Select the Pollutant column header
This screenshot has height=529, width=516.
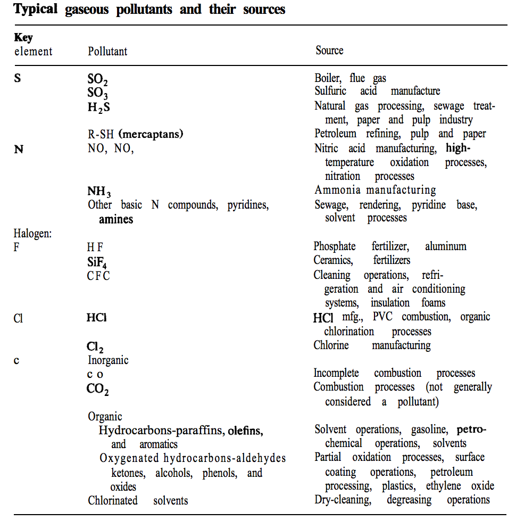pyautogui.click(x=107, y=52)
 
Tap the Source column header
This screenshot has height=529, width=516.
pyautogui.click(x=329, y=51)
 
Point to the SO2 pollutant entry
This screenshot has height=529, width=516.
pyautogui.click(x=98, y=79)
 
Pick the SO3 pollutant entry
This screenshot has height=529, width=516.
pyautogui.click(x=98, y=93)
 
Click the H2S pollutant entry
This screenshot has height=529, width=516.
pyautogui.click(x=98, y=106)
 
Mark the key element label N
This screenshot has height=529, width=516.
pyautogui.click(x=19, y=149)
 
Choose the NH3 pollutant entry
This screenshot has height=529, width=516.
pyautogui.click(x=99, y=191)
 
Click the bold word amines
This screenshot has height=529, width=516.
pyautogui.click(x=116, y=219)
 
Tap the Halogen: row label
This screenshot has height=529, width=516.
pyautogui.click(x=32, y=233)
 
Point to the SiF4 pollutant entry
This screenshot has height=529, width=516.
pyautogui.click(x=98, y=261)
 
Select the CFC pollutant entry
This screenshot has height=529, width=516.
pyautogui.click(x=98, y=276)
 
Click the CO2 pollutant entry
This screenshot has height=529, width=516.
pyautogui.click(x=97, y=389)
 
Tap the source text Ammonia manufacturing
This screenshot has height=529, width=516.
pyautogui.click(x=375, y=190)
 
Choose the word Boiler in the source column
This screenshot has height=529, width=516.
pyautogui.click(x=327, y=78)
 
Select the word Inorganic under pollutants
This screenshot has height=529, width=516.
pyautogui.click(x=108, y=360)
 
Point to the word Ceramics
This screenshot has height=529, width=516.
pyautogui.click(x=333, y=261)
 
